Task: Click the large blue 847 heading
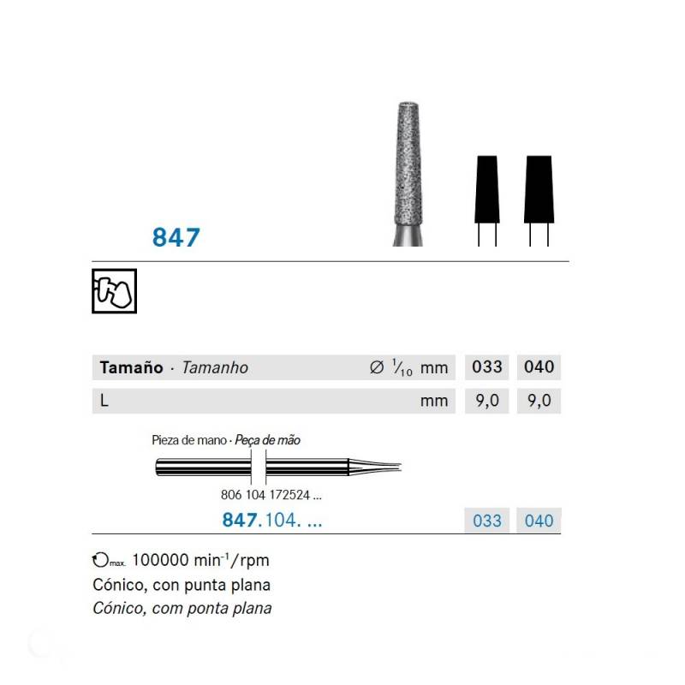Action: pyautogui.click(x=176, y=238)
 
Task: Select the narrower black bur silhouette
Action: pyautogui.click(x=487, y=189)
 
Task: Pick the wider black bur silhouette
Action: pyautogui.click(x=539, y=189)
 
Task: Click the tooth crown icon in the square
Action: pyautogui.click(x=115, y=291)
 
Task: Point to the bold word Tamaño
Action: pyautogui.click(x=131, y=367)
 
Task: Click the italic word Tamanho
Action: pyautogui.click(x=215, y=367)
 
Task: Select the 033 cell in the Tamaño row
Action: pyautogui.click(x=487, y=367)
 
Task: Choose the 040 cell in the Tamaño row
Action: pyautogui.click(x=539, y=367)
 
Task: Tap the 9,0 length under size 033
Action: pyautogui.click(x=487, y=401)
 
